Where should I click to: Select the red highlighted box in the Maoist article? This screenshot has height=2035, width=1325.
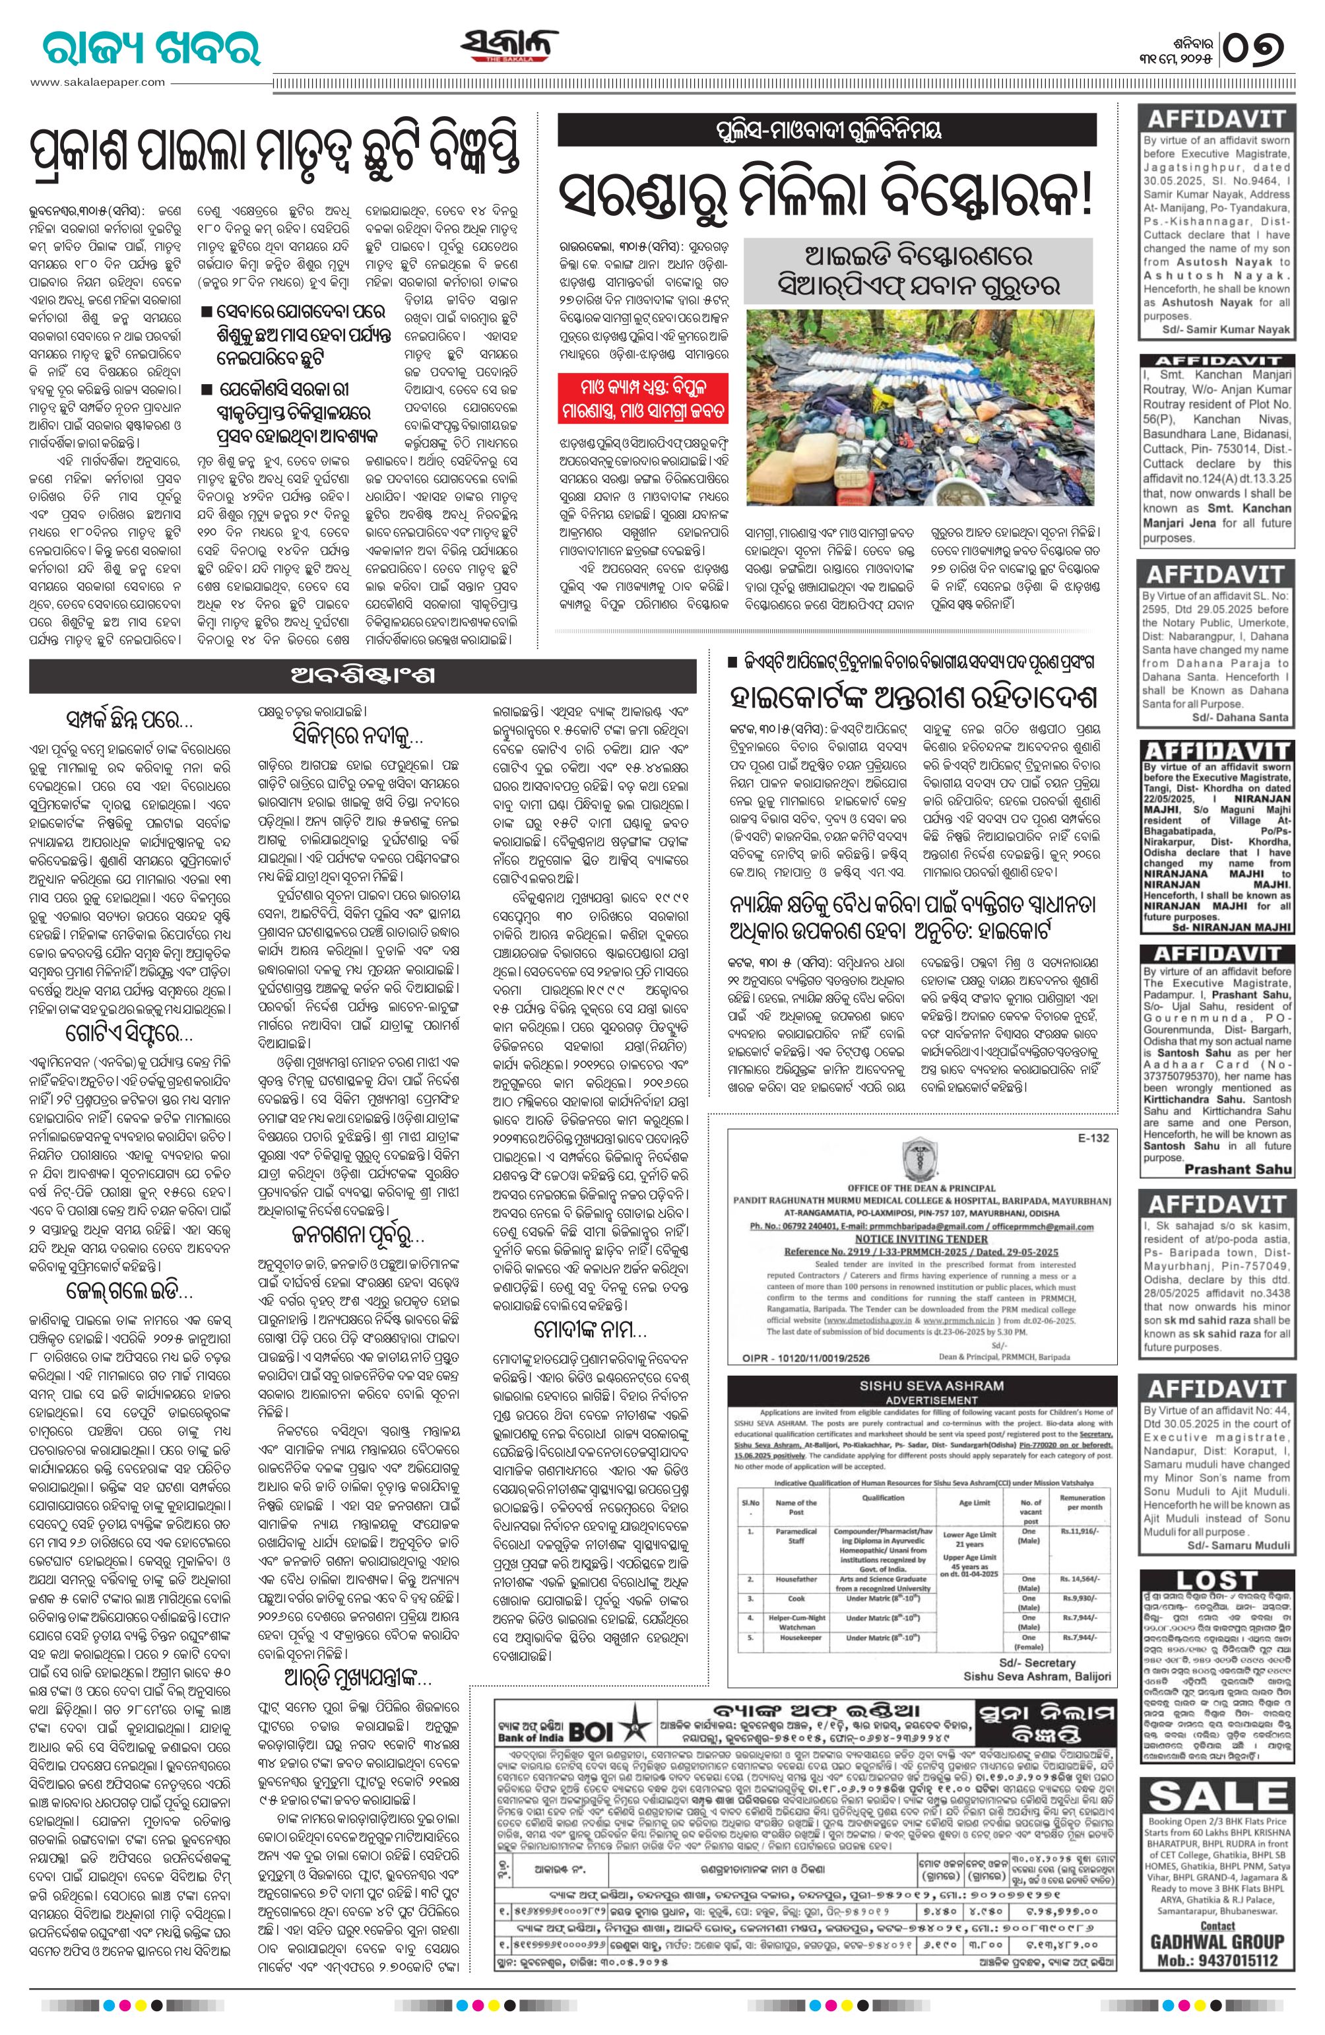(643, 397)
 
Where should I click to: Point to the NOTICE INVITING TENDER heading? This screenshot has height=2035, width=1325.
(921, 1236)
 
